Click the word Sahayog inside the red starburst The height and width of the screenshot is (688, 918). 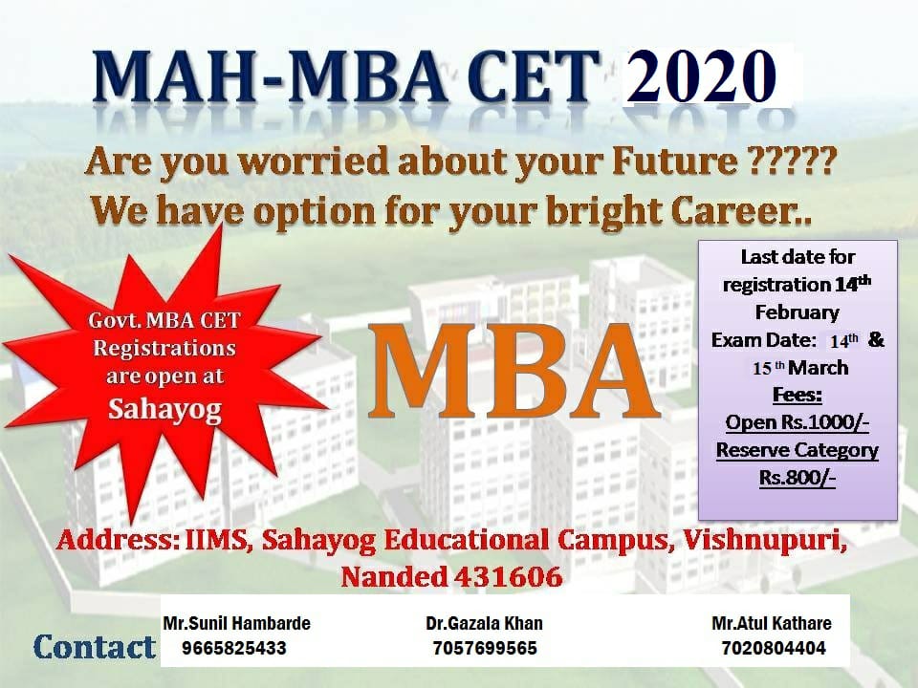coord(164,409)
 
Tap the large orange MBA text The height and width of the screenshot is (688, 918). coord(514,373)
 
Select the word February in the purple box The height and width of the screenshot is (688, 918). coord(797,312)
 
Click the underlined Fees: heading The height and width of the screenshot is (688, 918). coord(798,395)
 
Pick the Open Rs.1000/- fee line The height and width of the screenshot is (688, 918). coord(797,422)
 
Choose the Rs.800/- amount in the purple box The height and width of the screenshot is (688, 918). coord(797,478)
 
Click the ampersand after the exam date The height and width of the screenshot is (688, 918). coord(876,339)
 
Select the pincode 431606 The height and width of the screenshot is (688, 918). coord(508,577)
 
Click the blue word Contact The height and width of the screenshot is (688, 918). coord(95,647)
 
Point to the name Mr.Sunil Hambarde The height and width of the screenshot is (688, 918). coord(236,623)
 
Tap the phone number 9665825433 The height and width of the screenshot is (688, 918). coord(233,648)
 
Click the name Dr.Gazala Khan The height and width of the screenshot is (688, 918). coord(484,624)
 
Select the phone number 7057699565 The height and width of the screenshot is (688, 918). coord(485,648)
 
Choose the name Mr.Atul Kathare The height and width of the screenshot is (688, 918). coord(772,624)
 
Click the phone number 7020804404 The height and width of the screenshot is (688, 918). coord(774,648)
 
